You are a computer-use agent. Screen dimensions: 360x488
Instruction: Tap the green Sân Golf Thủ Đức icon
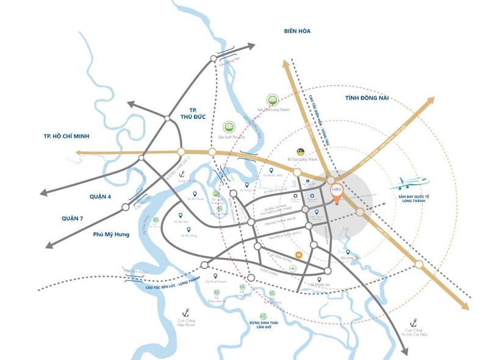pos(228,127)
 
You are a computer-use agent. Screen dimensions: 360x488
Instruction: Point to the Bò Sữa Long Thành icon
pos(301,152)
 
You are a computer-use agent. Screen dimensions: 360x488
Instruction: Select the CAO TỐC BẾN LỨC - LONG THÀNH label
pos(156,280)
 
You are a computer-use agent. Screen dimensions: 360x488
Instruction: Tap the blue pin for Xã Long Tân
pos(348,251)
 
